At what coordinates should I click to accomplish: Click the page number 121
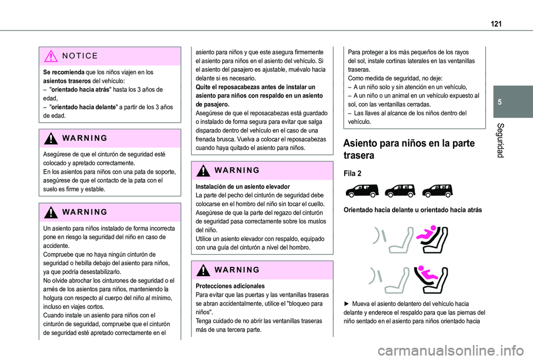[x=495, y=23]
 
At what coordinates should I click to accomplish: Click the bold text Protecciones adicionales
[x=230, y=286]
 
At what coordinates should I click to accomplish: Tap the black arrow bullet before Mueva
[x=347, y=303]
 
